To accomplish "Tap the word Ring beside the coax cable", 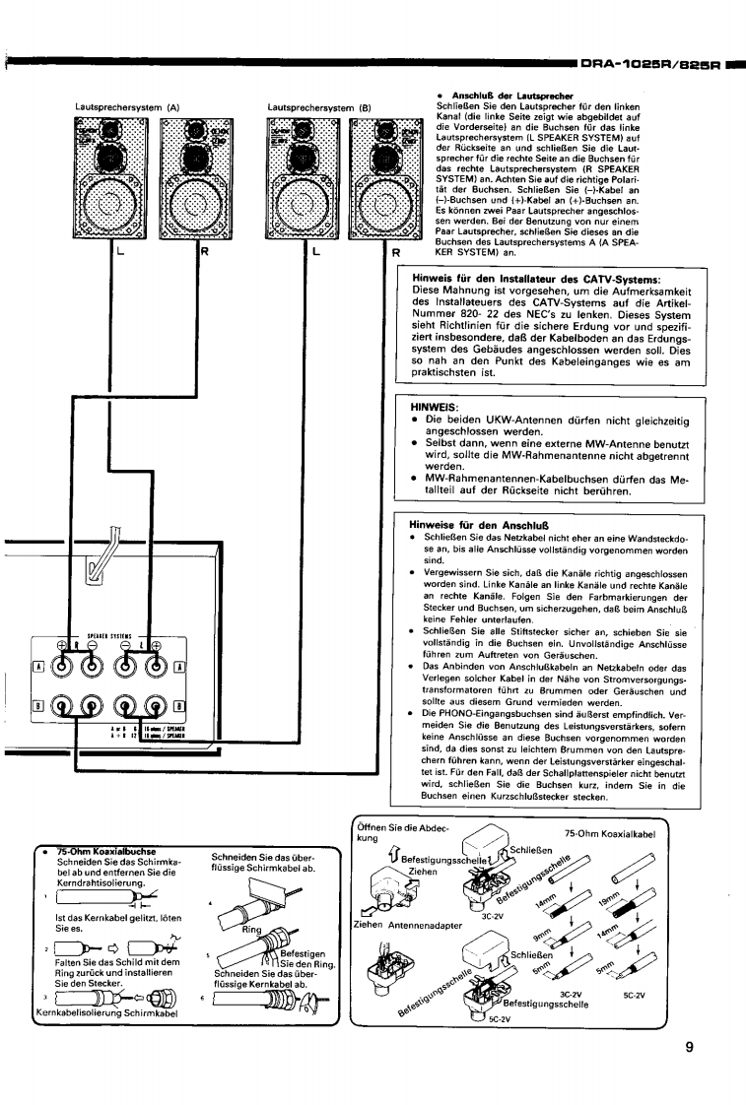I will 254,929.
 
